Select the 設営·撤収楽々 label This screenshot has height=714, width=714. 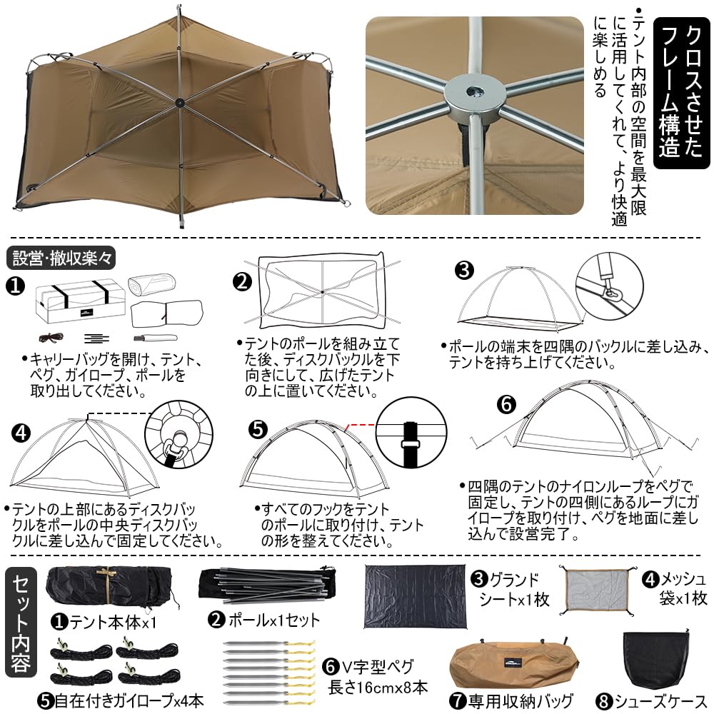(x=61, y=258)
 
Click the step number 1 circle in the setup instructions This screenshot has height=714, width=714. (x=15, y=286)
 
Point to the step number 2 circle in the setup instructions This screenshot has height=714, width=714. (x=242, y=281)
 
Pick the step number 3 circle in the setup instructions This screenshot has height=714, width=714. (x=464, y=270)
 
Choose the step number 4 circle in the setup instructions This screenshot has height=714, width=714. (x=21, y=433)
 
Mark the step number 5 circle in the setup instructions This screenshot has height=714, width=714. (x=258, y=429)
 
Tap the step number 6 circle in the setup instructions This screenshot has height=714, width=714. (x=506, y=404)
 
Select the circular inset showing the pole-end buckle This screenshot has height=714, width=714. (x=609, y=286)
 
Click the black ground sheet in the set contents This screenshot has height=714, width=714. (x=416, y=596)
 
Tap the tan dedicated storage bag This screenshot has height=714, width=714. (x=513, y=665)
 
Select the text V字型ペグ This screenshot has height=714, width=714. (x=376, y=667)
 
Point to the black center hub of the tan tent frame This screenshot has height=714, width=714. (x=180, y=101)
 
